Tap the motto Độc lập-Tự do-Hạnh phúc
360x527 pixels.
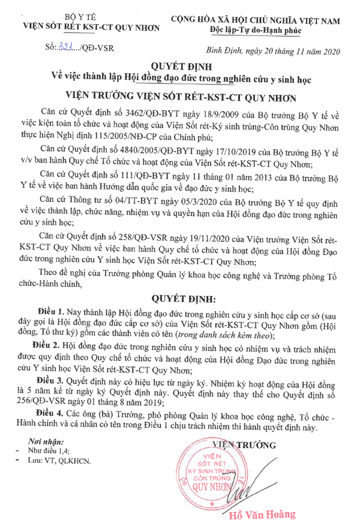point(262,29)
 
